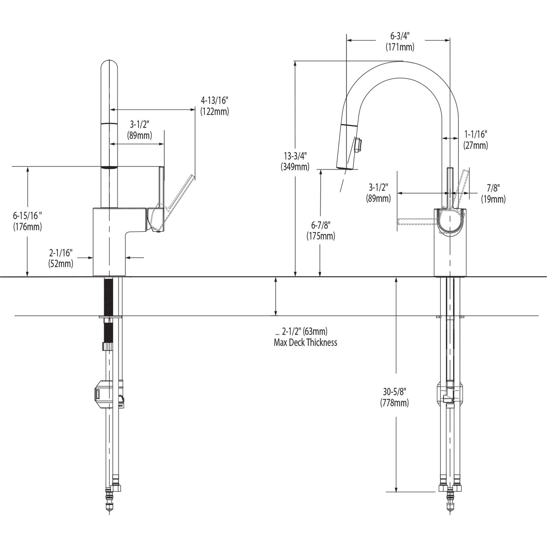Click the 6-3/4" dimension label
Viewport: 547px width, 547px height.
[x=400, y=36]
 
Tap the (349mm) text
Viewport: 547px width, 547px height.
[x=295, y=167]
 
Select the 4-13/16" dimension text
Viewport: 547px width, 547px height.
[x=215, y=100]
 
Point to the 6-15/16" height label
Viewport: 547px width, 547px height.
[x=27, y=216]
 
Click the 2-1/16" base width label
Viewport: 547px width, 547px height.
[x=61, y=252]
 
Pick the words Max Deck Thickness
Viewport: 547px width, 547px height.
[x=305, y=343]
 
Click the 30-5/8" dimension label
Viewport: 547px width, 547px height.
[x=394, y=391]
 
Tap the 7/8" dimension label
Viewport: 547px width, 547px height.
[x=493, y=187]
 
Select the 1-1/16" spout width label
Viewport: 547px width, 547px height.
[x=475, y=134]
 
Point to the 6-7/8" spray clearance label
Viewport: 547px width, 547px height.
[x=321, y=225]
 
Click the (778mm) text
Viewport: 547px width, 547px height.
[x=394, y=403]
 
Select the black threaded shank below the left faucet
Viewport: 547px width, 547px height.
[x=109, y=297]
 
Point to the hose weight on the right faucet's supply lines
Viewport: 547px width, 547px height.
[x=450, y=394]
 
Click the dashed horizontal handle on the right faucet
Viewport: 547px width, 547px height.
[x=416, y=221]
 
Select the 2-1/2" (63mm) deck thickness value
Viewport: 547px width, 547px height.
[x=304, y=332]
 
